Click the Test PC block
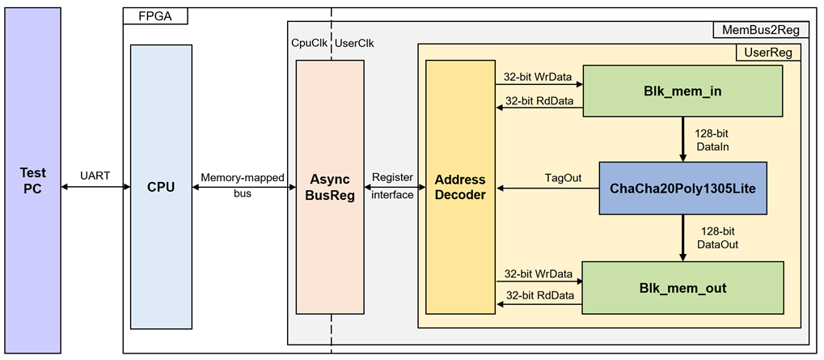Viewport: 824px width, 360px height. [x=33, y=180]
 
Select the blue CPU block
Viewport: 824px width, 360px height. [x=161, y=187]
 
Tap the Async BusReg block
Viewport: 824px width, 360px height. [x=330, y=187]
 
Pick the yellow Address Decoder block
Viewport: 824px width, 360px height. [x=460, y=187]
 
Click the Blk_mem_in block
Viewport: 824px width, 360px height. [x=682, y=91]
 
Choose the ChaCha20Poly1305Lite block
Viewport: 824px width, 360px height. [x=682, y=188]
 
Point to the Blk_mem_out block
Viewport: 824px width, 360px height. [x=682, y=287]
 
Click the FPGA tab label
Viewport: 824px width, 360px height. [x=155, y=15]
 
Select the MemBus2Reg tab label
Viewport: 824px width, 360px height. [x=760, y=31]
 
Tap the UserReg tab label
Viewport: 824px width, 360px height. [x=768, y=52]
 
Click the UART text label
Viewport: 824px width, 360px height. [x=95, y=176]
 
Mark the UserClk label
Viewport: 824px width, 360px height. [x=354, y=44]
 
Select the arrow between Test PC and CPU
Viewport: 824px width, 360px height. [x=95, y=187]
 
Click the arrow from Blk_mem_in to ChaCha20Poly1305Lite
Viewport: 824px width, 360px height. [x=683, y=139]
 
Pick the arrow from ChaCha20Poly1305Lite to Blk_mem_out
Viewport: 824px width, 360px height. [x=683, y=238]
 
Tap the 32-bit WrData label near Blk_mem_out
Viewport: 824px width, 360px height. [x=539, y=273]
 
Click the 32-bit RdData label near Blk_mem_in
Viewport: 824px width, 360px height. [x=539, y=100]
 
